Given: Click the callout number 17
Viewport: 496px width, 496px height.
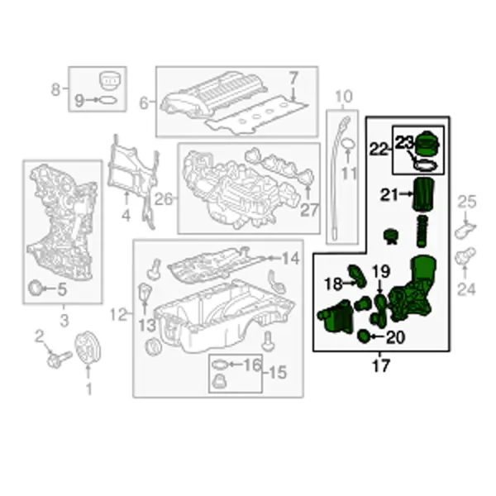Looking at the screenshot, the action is [380, 366].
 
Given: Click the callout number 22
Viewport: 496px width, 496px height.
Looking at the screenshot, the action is [379, 149].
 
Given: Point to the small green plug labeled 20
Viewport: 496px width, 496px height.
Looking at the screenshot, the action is [363, 336].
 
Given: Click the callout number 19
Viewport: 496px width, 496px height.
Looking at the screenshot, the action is [381, 271].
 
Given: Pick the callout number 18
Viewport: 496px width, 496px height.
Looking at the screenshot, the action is [333, 284].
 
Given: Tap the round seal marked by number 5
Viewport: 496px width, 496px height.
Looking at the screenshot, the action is [34, 288].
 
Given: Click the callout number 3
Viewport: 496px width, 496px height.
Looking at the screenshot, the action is [64, 320].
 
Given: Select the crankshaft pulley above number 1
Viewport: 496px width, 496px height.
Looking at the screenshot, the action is [88, 347].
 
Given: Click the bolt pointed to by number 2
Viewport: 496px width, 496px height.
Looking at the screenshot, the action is [59, 359].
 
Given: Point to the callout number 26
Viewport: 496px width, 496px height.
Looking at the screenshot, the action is [164, 199].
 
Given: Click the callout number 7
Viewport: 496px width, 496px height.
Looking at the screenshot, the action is [293, 79].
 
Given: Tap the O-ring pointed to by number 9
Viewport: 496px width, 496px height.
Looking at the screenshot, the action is [107, 101].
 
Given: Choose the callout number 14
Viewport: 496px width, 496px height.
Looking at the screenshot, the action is [290, 259].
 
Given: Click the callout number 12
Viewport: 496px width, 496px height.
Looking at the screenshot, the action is [118, 314].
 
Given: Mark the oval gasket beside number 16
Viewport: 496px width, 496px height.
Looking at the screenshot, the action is [220, 365].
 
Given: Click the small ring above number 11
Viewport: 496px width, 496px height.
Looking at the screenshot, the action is [348, 145].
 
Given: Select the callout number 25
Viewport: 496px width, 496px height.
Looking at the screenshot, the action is [467, 202].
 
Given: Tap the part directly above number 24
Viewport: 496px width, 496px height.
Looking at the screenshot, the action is [465, 257].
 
